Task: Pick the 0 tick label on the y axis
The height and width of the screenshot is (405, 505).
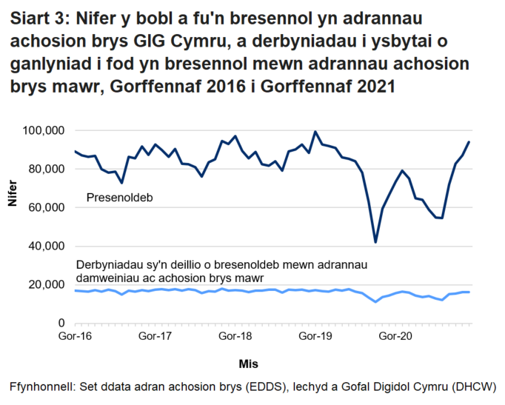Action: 63,323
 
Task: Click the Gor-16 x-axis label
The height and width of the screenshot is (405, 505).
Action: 75,336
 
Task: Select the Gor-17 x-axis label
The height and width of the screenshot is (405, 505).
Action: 155,336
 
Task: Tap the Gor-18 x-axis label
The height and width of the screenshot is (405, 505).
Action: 235,336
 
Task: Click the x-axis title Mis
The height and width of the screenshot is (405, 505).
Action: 248,364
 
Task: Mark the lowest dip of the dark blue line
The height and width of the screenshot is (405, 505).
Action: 375,242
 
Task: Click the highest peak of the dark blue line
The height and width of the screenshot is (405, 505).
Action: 315,132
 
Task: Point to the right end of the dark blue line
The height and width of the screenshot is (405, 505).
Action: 469,142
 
